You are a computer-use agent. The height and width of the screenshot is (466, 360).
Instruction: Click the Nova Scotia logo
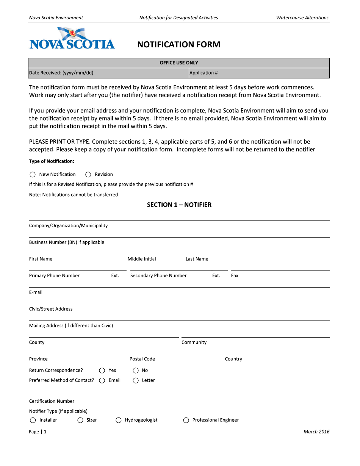pyautogui.click(x=72, y=39)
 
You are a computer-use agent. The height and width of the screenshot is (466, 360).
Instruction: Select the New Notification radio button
pyautogui.click(x=33, y=175)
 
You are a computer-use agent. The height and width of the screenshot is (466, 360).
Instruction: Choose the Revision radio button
pyautogui.click(x=88, y=175)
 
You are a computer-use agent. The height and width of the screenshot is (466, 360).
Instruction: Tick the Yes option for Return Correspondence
pyautogui.click(x=102, y=371)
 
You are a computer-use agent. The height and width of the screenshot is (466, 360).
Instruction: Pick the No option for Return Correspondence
pyautogui.click(x=136, y=371)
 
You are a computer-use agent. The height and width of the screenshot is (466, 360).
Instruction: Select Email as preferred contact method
pyautogui.click(x=102, y=380)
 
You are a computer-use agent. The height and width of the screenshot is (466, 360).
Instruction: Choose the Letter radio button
pyautogui.click(x=136, y=380)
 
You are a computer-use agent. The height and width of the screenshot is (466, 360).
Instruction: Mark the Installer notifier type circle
pyautogui.click(x=33, y=420)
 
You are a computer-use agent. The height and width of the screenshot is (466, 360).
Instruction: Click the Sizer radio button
pyautogui.click(x=80, y=420)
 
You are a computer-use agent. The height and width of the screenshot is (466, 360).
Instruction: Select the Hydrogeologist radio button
pyautogui.click(x=119, y=420)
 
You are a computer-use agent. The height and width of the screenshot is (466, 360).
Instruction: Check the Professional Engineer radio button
pyautogui.click(x=186, y=420)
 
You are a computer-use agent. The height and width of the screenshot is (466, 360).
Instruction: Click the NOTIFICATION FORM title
pyautogui.click(x=178, y=45)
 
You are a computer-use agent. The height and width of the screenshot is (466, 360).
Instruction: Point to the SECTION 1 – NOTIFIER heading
pyautogui.click(x=179, y=205)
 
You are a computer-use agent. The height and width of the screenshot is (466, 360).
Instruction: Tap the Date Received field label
pyautogui.click(x=61, y=73)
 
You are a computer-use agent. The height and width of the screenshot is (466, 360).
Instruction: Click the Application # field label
pyautogui.click(x=203, y=73)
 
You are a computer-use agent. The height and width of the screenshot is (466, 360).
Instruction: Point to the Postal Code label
pyautogui.click(x=142, y=359)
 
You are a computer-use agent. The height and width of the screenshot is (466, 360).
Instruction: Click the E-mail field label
pyautogui.click(x=36, y=292)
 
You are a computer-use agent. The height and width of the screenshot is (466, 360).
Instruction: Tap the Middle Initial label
pyautogui.click(x=142, y=259)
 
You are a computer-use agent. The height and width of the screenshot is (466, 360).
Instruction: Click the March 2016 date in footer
pyautogui.click(x=316, y=432)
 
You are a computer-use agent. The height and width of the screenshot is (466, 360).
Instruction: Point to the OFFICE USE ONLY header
pyautogui.click(x=179, y=63)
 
